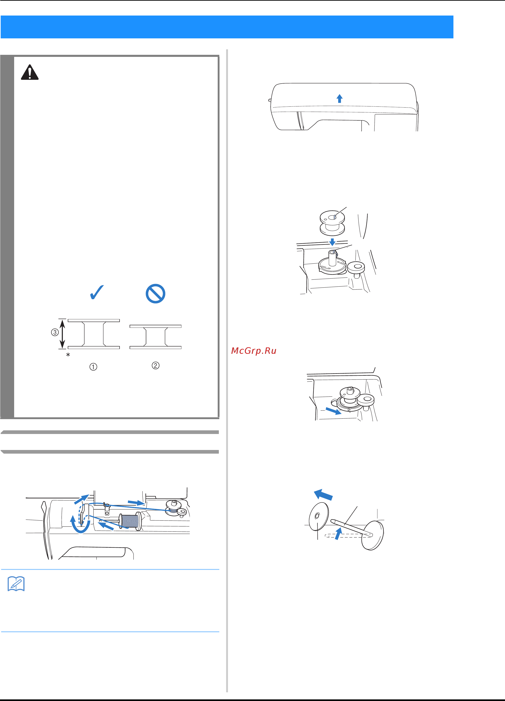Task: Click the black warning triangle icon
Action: [30, 72]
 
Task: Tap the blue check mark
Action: [97, 292]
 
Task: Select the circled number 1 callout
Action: [93, 367]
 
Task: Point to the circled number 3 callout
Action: [55, 332]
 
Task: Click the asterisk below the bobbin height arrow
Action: [68, 355]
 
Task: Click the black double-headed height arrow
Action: [62, 334]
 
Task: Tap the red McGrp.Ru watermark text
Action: [254, 351]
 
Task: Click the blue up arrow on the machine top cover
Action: [340, 98]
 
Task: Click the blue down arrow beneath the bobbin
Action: [332, 242]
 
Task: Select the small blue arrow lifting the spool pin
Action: [339, 534]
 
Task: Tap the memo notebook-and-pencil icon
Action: [16, 584]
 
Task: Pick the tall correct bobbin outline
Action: [94, 334]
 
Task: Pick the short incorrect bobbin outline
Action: [155, 337]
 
